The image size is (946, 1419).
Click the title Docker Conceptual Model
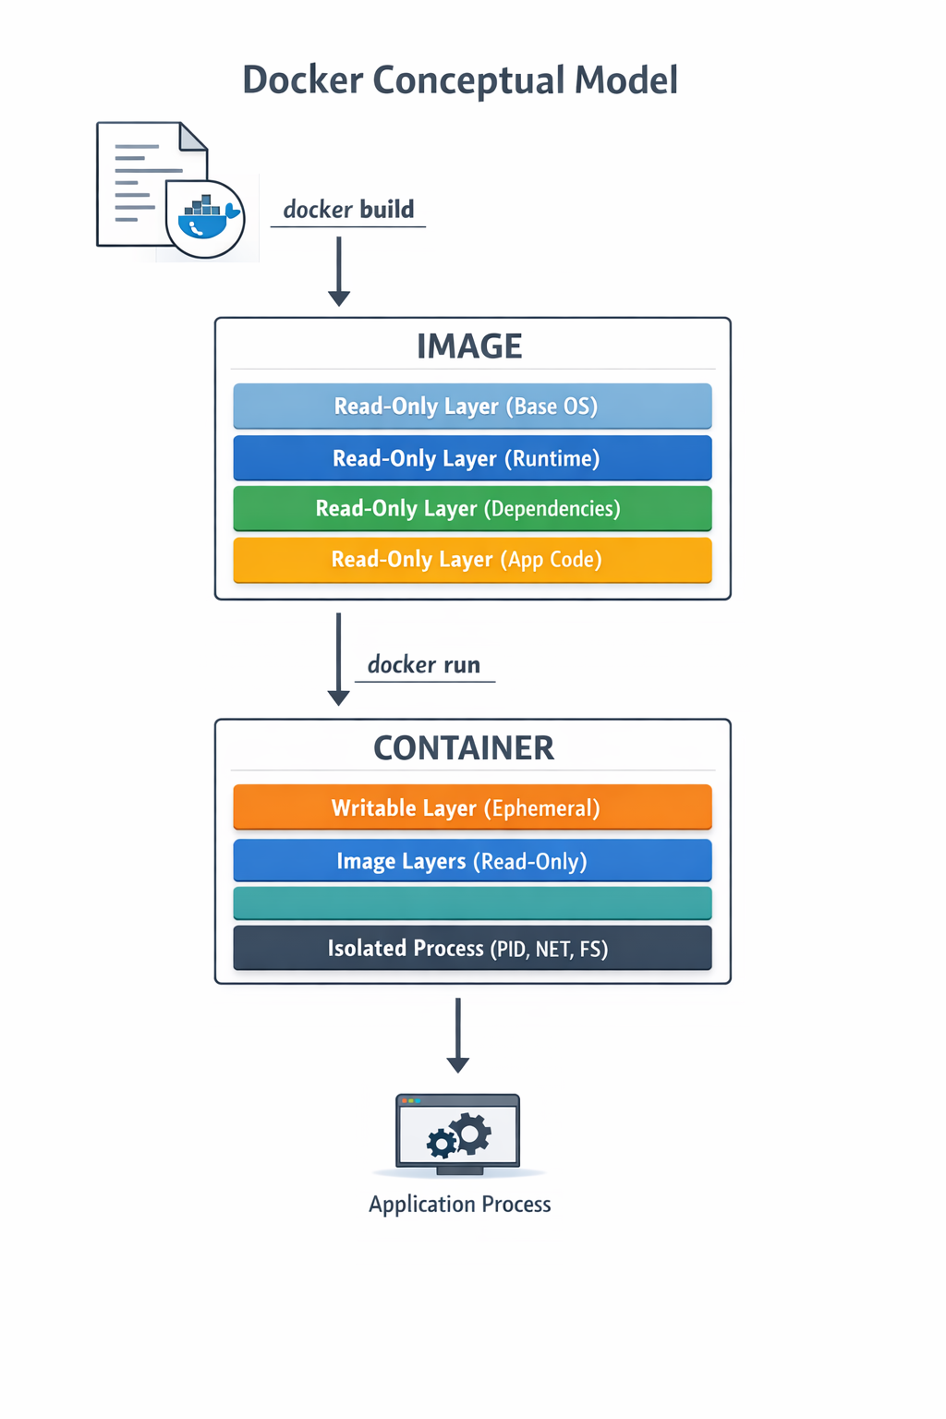pos(460,80)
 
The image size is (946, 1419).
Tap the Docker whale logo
pos(205,219)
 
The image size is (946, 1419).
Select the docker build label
pos(348,210)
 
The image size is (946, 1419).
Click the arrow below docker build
pos(339,272)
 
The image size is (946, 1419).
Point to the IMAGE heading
pos(469,346)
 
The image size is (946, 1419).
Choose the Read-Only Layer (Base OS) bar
pos(472,406)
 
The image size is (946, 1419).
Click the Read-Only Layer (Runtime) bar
pos(472,458)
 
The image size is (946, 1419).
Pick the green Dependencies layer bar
pos(472,509)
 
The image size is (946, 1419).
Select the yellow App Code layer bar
pos(472,560)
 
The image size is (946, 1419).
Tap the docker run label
pos(424,665)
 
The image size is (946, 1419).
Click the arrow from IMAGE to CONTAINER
pos(339,659)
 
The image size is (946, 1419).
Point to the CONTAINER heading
pos(464,748)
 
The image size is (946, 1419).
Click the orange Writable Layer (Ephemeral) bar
pos(472,808)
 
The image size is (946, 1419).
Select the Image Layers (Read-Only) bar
pos(472,861)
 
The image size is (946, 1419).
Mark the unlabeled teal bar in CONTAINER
pos(472,904)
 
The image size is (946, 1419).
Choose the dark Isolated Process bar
pos(472,948)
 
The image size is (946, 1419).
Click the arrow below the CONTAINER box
pos(457,1035)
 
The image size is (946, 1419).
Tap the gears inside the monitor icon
pos(459,1135)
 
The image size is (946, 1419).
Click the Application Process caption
pos(459,1205)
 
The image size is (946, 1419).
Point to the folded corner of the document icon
pos(193,138)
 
